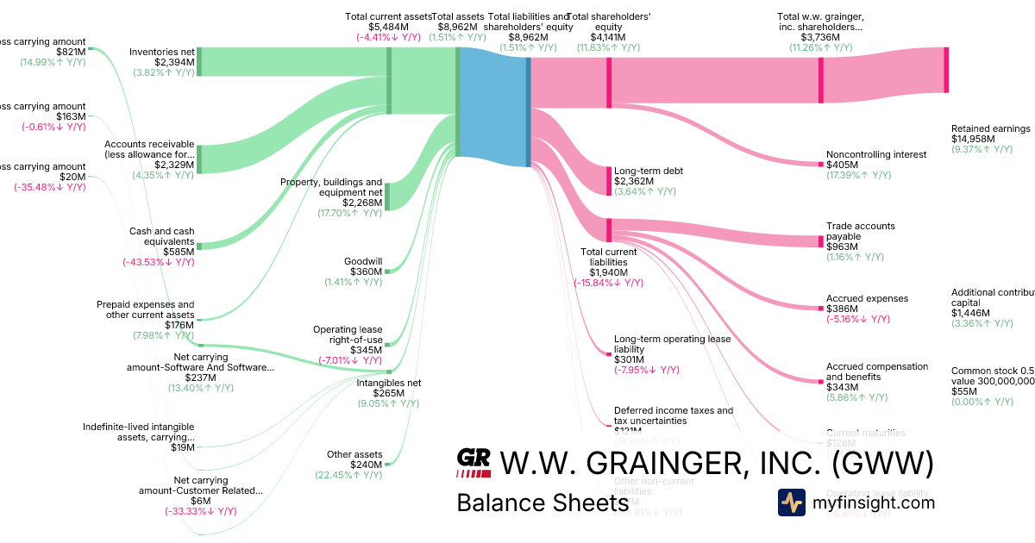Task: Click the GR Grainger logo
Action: pyautogui.click(x=474, y=463)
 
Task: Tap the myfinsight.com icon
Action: pyautogui.click(x=791, y=502)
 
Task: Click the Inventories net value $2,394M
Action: pyautogui.click(x=175, y=62)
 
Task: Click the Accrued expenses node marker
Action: pyautogui.click(x=821, y=308)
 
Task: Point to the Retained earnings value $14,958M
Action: pyautogui.click(x=974, y=139)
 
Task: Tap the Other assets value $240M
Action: pyautogui.click(x=362, y=465)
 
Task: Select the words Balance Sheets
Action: pyautogui.click(x=542, y=502)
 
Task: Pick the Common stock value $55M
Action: pyautogui.click(x=964, y=390)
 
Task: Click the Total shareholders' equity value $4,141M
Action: pyautogui.click(x=608, y=37)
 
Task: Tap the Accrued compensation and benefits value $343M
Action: pyautogui.click(x=841, y=387)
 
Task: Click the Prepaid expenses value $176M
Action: pyautogui.click(x=178, y=325)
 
